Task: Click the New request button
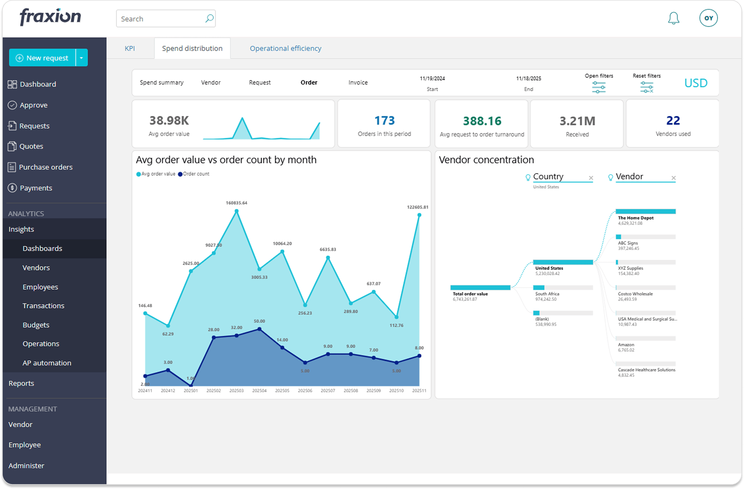pyautogui.click(x=42, y=58)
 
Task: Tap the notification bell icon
pyautogui.click(x=673, y=18)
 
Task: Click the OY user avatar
pyautogui.click(x=708, y=18)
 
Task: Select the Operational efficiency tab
pyautogui.click(x=285, y=48)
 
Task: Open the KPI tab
pyautogui.click(x=129, y=48)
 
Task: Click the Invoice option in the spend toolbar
pyautogui.click(x=358, y=83)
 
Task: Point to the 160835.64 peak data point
pyautogui.click(x=237, y=211)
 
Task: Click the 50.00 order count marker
pyautogui.click(x=259, y=329)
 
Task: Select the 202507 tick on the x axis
pyautogui.click(x=328, y=391)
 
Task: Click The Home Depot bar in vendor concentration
pyautogui.click(x=645, y=212)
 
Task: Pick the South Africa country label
pyautogui.click(x=547, y=294)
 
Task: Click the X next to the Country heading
pyautogui.click(x=591, y=178)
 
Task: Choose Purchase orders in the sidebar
pyautogui.click(x=45, y=167)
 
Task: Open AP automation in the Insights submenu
pyautogui.click(x=47, y=363)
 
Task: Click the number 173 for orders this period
pyautogui.click(x=384, y=120)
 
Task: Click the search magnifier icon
pyautogui.click(x=209, y=19)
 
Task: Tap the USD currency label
pyautogui.click(x=696, y=83)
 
